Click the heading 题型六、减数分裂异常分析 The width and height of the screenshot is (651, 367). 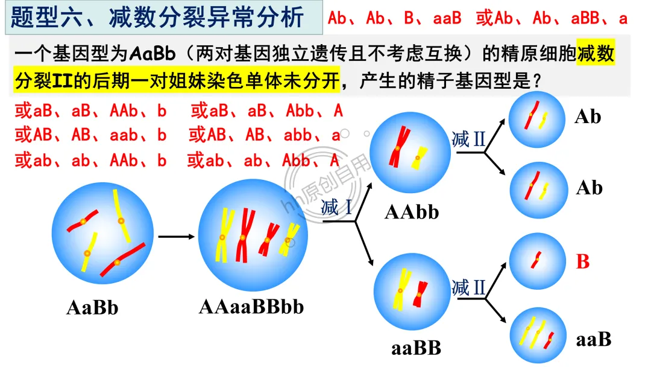(158, 18)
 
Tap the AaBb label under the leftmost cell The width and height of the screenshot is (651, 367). (92, 308)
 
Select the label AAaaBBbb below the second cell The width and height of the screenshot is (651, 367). (251, 307)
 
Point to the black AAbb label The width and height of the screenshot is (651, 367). (412, 212)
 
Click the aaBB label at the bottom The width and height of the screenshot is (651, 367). (416, 348)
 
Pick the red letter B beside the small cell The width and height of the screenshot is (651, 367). (582, 261)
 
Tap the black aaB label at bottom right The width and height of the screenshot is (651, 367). (593, 339)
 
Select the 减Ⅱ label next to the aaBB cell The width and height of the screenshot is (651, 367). (468, 287)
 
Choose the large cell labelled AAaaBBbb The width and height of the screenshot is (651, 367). (253, 236)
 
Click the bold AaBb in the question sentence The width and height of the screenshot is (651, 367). (152, 54)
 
